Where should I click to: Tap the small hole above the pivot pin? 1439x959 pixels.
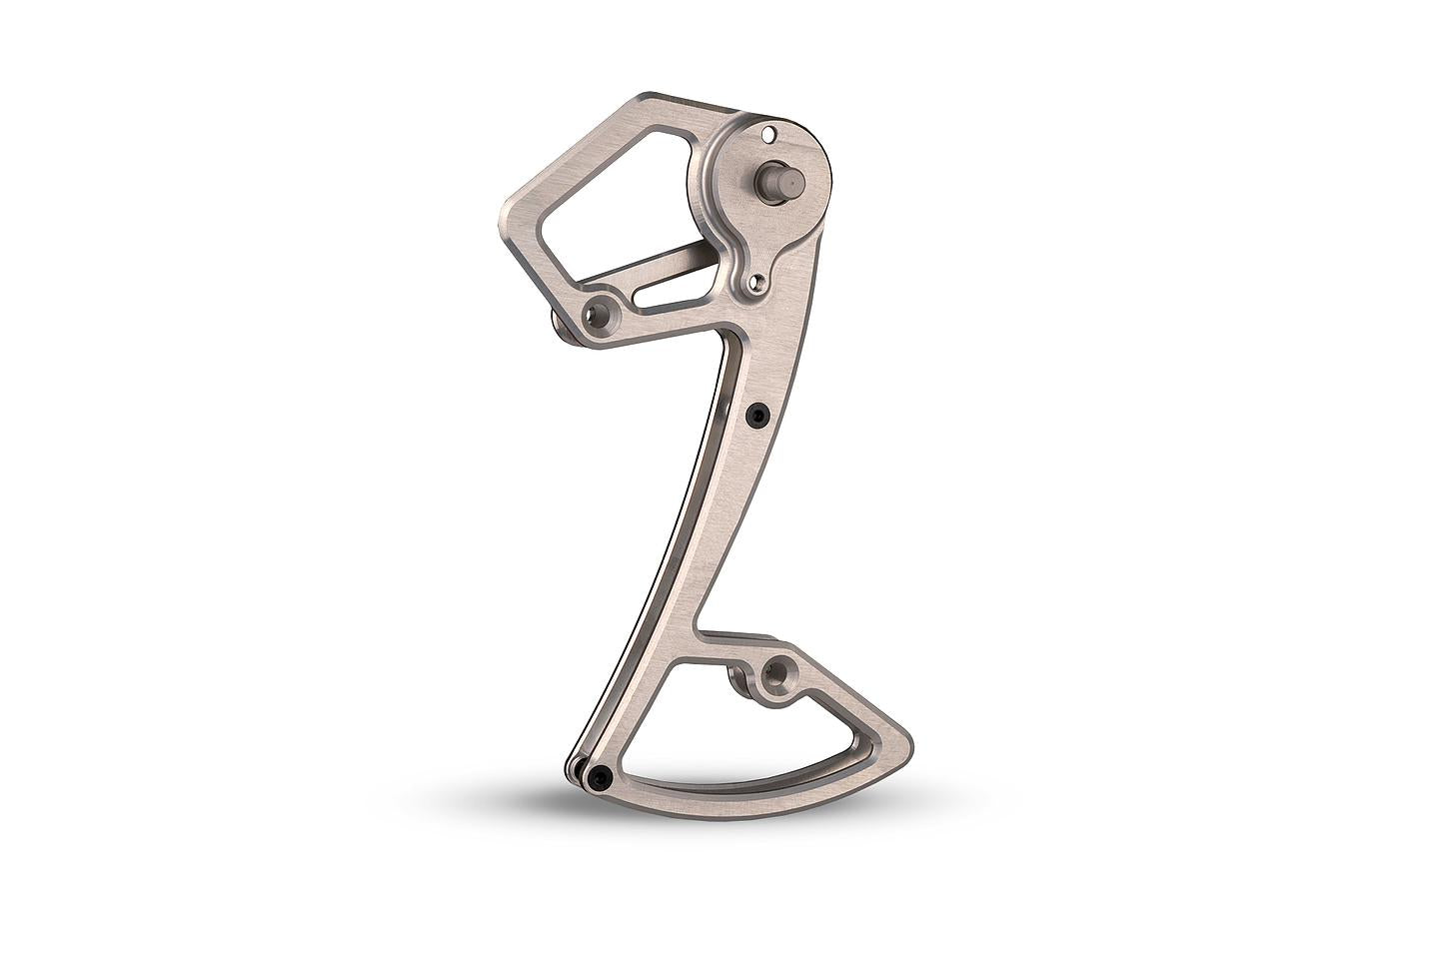coord(767,133)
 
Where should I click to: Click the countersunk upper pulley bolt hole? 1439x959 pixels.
coord(603,315)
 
